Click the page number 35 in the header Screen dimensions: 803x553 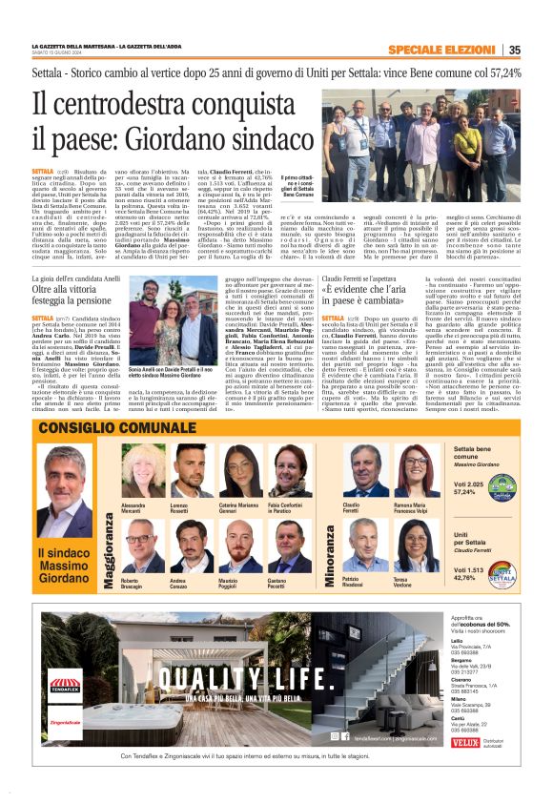[514, 51]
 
